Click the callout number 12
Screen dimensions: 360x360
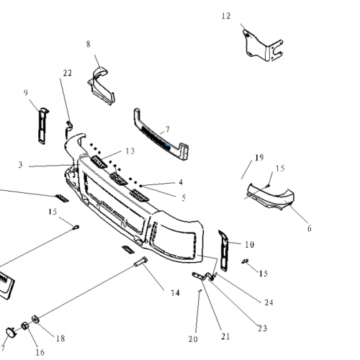[x=226, y=15]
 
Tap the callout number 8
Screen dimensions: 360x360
[x=89, y=44]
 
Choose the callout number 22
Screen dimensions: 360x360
[x=68, y=73]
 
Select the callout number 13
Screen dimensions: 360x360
[x=130, y=151]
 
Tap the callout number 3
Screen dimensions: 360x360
[x=21, y=165]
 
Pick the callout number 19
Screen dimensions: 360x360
[x=259, y=157]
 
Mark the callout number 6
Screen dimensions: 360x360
[x=309, y=228]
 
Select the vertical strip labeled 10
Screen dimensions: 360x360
[x=223, y=247]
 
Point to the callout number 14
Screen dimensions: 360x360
[x=175, y=292]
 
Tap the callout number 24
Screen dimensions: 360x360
[x=269, y=302]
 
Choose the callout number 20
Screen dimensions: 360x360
[x=193, y=339]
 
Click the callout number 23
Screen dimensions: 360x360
[x=261, y=328]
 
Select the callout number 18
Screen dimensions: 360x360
[x=60, y=338]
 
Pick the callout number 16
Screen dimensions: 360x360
[x=40, y=352]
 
